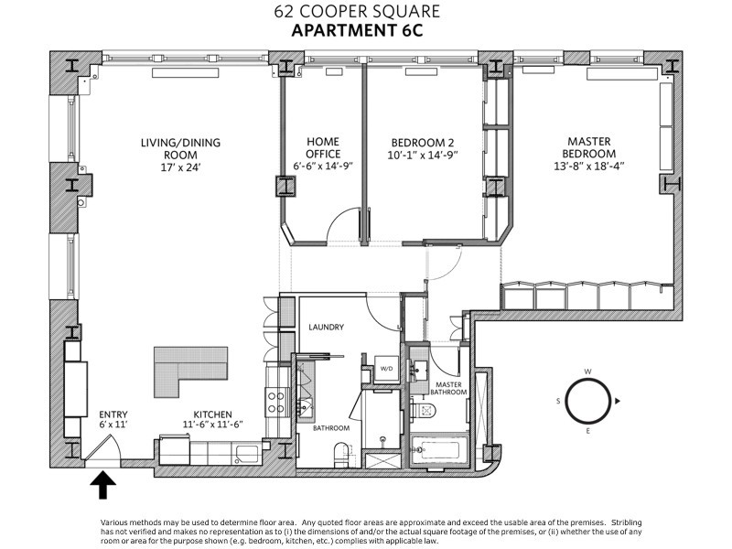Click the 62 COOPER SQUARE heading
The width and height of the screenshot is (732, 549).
(x=365, y=13)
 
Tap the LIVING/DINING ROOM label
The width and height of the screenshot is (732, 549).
(x=180, y=148)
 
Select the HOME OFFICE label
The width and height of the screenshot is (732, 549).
(x=323, y=148)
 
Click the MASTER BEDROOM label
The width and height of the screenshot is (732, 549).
(x=588, y=147)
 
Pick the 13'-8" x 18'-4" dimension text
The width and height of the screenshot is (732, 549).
(x=588, y=167)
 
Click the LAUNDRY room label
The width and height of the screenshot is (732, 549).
(x=326, y=327)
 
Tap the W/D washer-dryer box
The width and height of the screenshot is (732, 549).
(x=387, y=369)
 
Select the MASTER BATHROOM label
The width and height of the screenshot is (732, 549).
(x=448, y=388)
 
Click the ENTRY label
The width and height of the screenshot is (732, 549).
(x=115, y=413)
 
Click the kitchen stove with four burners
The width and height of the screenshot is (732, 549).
(x=274, y=401)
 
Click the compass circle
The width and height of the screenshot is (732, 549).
(x=588, y=401)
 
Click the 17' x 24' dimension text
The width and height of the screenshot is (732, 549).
(x=180, y=167)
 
